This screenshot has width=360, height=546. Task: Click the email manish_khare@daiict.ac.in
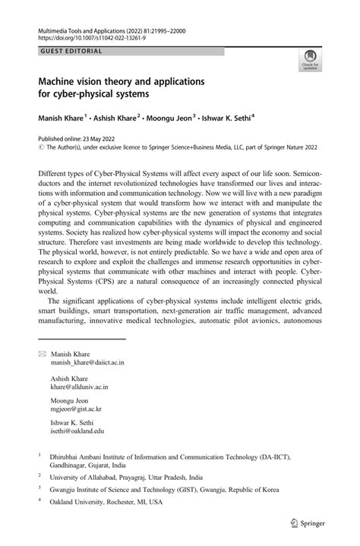click(87, 363)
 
